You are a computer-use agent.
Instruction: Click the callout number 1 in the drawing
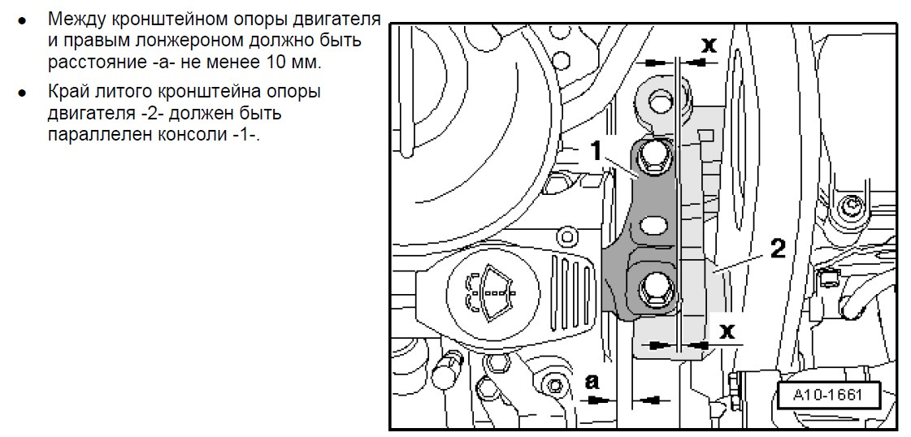click(x=597, y=150)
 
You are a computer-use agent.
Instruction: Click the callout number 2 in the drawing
click(x=778, y=249)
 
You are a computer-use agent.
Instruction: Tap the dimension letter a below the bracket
click(x=592, y=381)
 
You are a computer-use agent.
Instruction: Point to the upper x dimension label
click(x=708, y=45)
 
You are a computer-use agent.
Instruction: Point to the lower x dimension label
click(x=727, y=331)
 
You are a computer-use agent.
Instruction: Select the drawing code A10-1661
click(x=827, y=396)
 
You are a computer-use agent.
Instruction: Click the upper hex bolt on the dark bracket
click(x=653, y=158)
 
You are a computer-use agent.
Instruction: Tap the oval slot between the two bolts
click(x=652, y=225)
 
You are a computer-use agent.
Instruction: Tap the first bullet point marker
click(x=22, y=19)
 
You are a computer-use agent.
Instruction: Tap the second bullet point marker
click(x=22, y=93)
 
